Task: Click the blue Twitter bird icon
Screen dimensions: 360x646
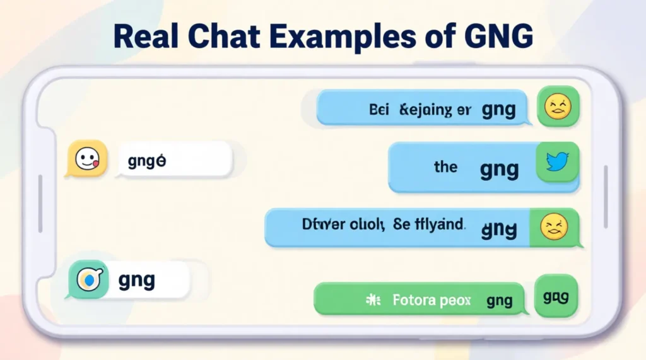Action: pyautogui.click(x=557, y=163)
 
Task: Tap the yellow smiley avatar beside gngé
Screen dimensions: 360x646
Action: pyautogui.click(x=85, y=158)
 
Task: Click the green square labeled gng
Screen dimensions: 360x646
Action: pyautogui.click(x=556, y=295)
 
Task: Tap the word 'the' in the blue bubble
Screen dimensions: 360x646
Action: pyautogui.click(x=445, y=167)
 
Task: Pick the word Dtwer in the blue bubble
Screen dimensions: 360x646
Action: pyautogui.click(x=318, y=224)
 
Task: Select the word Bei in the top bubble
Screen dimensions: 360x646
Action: pyautogui.click(x=379, y=110)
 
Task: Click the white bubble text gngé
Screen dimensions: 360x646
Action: pyautogui.click(x=146, y=161)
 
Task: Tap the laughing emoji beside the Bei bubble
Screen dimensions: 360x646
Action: pyautogui.click(x=558, y=106)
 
